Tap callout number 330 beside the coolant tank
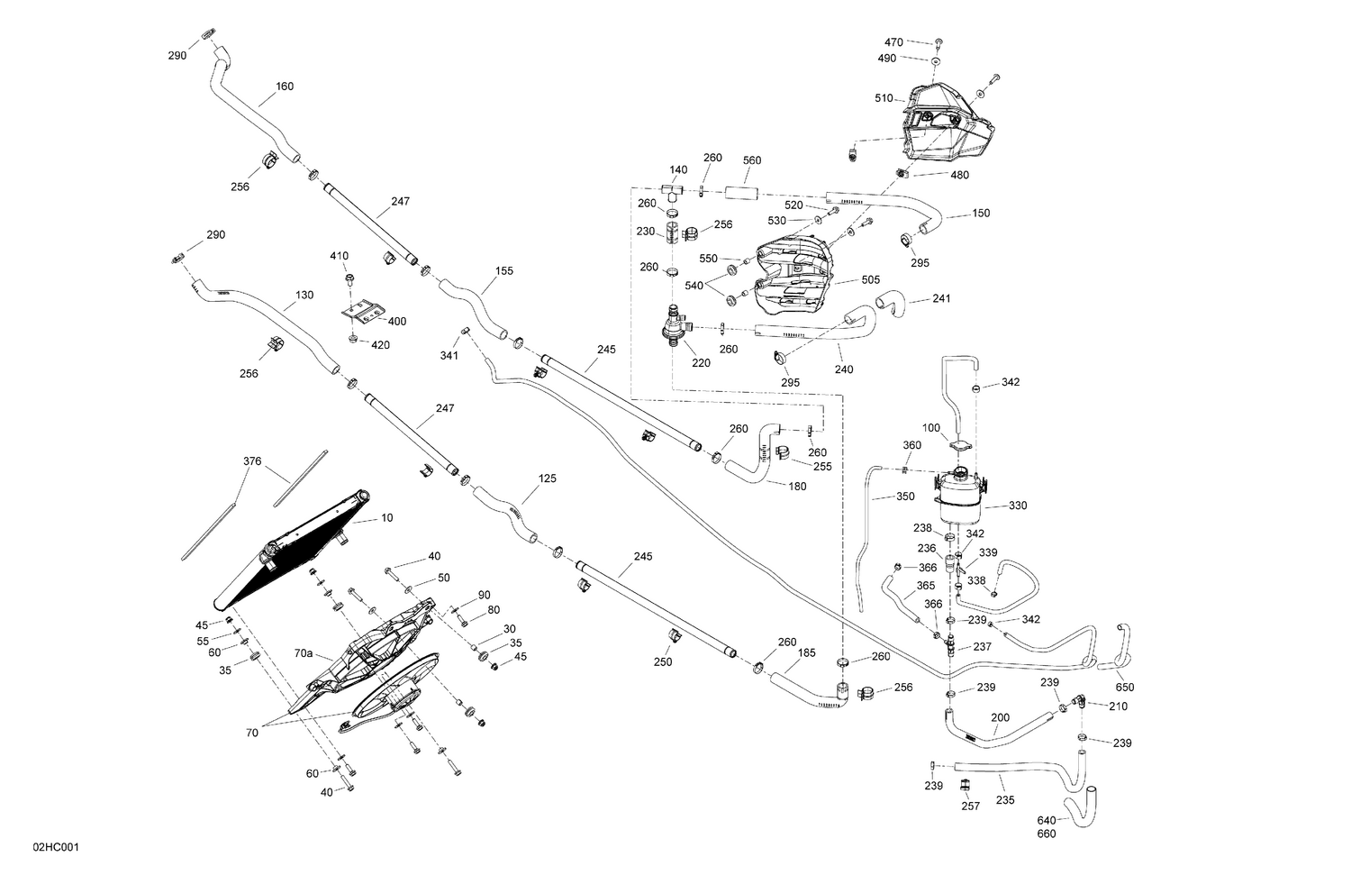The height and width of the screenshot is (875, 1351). (x=1017, y=506)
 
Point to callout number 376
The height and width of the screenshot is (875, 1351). (x=252, y=461)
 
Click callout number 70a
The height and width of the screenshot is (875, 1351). (x=303, y=653)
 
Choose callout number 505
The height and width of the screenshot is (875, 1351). (x=870, y=280)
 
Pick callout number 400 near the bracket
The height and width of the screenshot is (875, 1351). (x=396, y=321)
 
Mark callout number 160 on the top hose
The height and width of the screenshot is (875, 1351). (x=285, y=87)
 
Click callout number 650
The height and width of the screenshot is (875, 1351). (x=1125, y=687)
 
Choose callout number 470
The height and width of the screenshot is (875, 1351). (x=893, y=42)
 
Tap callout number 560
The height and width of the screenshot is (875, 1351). (x=752, y=160)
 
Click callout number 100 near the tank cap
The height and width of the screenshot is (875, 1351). (x=931, y=427)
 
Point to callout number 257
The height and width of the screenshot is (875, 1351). (x=969, y=807)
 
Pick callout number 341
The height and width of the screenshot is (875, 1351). (x=449, y=355)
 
